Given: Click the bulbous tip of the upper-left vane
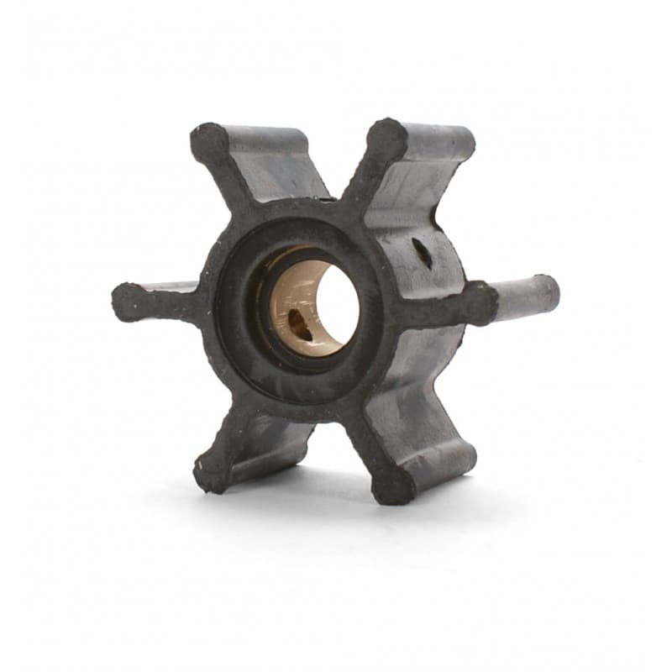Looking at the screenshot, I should coord(208,141).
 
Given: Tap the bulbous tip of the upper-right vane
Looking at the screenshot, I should coord(388,137).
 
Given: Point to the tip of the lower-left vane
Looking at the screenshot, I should coord(211,474).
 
